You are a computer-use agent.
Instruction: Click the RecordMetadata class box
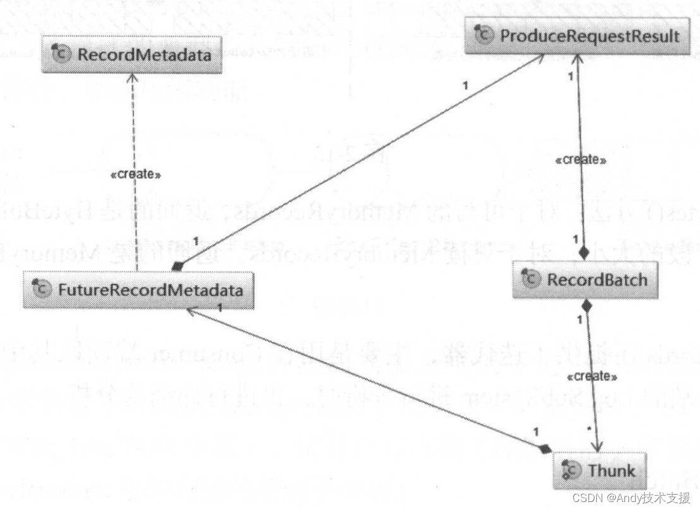click(x=131, y=55)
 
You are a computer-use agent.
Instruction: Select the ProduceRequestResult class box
click(x=582, y=36)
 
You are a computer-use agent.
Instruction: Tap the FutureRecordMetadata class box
click(x=138, y=289)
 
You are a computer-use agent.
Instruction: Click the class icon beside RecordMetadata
click(x=62, y=55)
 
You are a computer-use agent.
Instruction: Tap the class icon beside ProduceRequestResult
click(x=484, y=36)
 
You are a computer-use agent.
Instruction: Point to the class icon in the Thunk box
click(x=572, y=472)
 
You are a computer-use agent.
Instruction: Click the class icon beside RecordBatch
click(x=531, y=280)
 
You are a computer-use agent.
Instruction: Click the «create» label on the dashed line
click(x=135, y=175)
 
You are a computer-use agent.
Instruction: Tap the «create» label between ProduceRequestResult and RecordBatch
click(x=580, y=160)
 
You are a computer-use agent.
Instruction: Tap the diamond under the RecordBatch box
click(x=586, y=305)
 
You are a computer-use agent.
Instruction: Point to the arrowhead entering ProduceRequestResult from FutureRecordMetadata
click(x=540, y=57)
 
